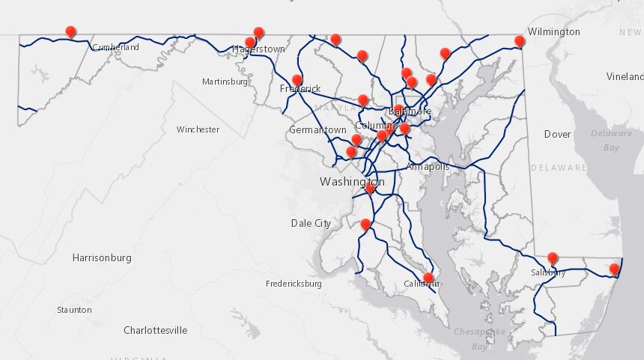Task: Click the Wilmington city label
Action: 553,32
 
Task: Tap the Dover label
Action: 557,135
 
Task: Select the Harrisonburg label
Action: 102,258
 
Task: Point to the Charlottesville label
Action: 155,330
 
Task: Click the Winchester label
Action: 198,129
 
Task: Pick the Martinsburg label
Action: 225,82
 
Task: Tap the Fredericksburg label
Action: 294,284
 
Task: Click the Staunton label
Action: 74,310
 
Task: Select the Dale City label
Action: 311,223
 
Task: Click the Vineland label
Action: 625,77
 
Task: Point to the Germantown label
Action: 318,130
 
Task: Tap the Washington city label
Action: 351,182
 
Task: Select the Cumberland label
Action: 115,47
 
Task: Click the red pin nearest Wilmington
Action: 519,40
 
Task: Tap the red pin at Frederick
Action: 297,80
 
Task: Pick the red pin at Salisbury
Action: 553,258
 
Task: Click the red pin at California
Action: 428,278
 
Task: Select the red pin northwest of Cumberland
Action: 71,31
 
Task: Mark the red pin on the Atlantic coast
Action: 615,269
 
